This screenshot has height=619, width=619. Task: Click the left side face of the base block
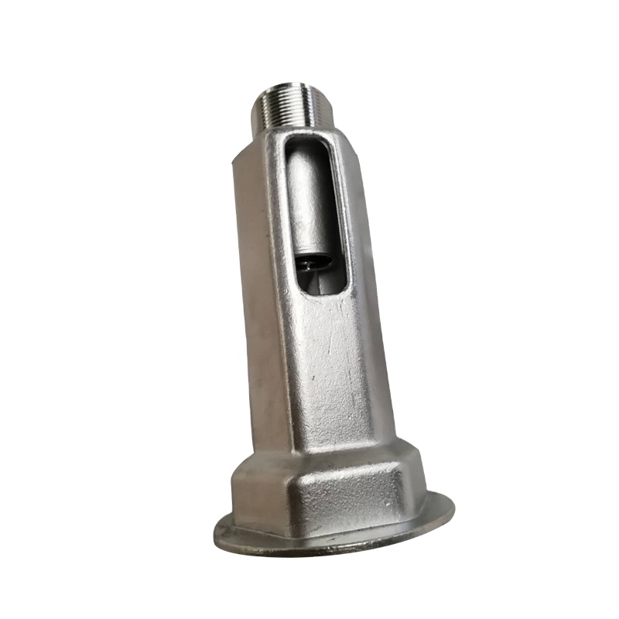coord(255,495)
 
